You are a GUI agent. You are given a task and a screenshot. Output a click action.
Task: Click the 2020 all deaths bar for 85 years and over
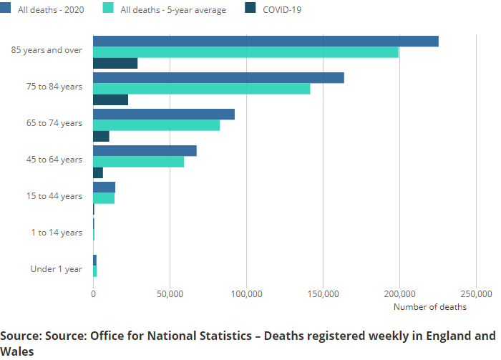[x=265, y=41]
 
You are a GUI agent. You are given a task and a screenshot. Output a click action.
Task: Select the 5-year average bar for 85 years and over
[x=245, y=52]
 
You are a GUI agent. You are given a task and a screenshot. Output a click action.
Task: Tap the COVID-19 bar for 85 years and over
[x=115, y=63]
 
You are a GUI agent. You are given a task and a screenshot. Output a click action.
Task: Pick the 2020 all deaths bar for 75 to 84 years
[x=218, y=77]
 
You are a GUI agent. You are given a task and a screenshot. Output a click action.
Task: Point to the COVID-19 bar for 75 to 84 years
[x=110, y=99]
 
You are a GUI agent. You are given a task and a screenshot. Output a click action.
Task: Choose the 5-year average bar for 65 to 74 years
[x=156, y=125]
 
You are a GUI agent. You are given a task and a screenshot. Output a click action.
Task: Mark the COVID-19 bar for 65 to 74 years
[x=101, y=136]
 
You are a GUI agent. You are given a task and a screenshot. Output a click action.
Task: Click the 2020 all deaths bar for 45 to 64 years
[x=145, y=150]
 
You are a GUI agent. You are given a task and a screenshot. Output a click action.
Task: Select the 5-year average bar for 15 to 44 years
[x=104, y=198]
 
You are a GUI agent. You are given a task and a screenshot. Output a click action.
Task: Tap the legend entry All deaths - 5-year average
[x=172, y=9]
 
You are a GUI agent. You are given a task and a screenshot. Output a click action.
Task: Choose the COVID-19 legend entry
[x=281, y=9]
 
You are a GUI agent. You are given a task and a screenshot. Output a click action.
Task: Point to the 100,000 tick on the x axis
[x=246, y=294]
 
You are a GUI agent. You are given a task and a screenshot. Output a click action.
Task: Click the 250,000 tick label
[x=476, y=294]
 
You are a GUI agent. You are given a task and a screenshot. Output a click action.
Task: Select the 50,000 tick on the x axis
[x=170, y=294]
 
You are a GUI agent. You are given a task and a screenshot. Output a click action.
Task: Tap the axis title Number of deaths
[x=430, y=307]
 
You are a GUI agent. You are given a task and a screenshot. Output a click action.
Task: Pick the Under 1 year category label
[x=57, y=269]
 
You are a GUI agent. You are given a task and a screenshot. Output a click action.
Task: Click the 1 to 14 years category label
[x=57, y=233]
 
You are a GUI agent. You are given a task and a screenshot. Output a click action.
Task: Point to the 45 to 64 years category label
[x=54, y=160]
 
